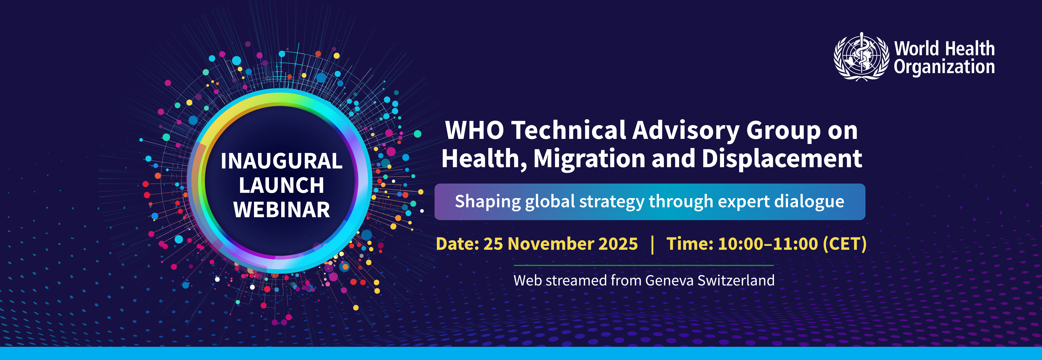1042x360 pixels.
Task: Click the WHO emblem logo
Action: pyautogui.click(x=862, y=57)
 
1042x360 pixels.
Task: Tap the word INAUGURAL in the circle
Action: pyautogui.click(x=281, y=161)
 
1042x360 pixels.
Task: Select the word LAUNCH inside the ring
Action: pyautogui.click(x=281, y=185)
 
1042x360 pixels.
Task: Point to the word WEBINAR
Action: pyautogui.click(x=281, y=210)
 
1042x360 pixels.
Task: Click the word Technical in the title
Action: pyautogui.click(x=568, y=131)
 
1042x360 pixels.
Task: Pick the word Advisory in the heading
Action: pyautogui.click(x=686, y=131)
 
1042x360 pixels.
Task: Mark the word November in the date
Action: pyautogui.click(x=550, y=244)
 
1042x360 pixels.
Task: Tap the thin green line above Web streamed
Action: pyautogui.click(x=643, y=265)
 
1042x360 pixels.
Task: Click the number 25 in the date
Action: pyautogui.click(x=493, y=244)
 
